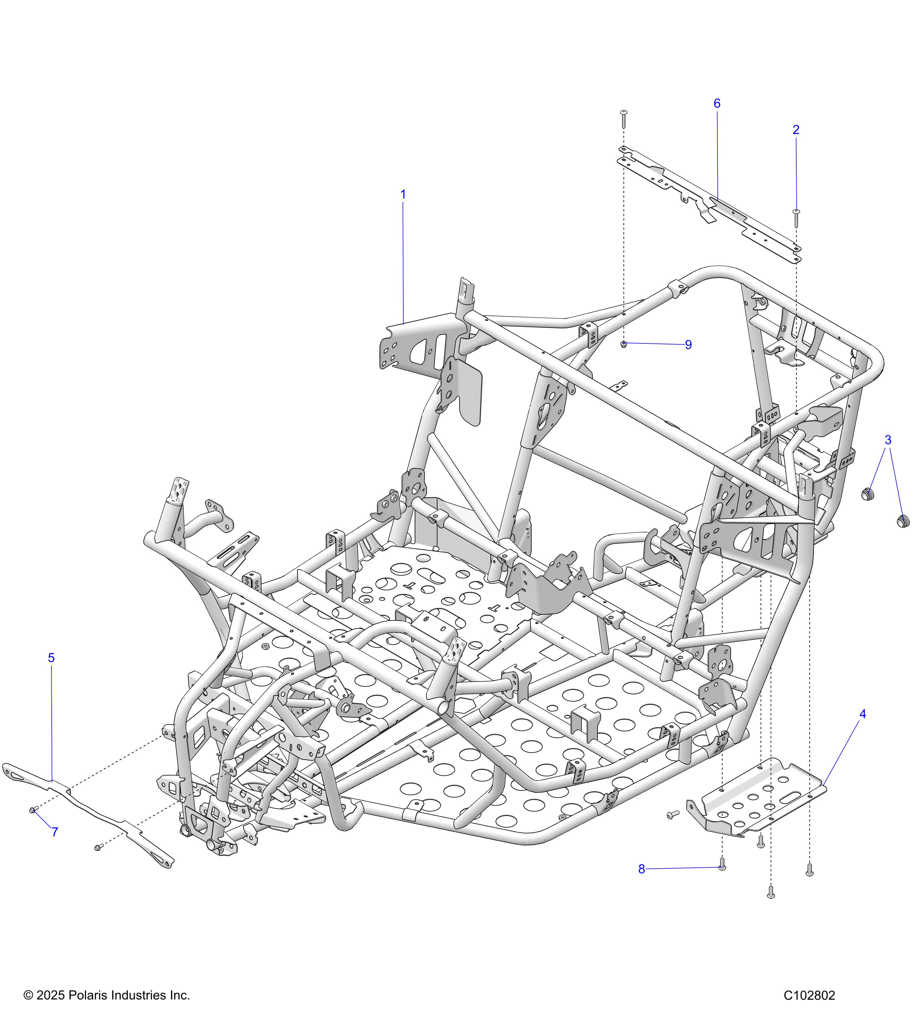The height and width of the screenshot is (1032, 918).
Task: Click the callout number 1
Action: tap(403, 194)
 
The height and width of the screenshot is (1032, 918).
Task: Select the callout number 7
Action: tap(55, 832)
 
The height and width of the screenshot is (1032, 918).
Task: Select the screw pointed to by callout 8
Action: tap(722, 865)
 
